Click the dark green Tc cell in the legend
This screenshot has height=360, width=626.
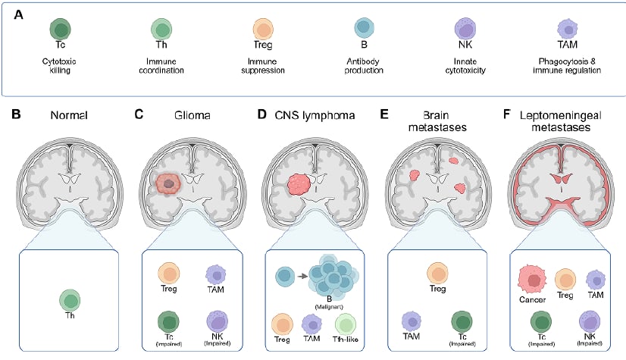[61, 29]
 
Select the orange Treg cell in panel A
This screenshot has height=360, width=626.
[263, 29]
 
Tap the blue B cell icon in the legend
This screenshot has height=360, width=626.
[364, 27]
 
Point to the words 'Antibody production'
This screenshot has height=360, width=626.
[364, 66]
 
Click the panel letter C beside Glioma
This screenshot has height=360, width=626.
[139, 114]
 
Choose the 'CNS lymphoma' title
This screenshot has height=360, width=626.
[315, 115]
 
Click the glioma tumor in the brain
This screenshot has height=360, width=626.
[169, 183]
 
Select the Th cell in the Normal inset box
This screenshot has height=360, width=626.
[70, 300]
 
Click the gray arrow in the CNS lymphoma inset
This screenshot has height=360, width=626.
[302, 276]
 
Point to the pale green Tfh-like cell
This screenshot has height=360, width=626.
[346, 324]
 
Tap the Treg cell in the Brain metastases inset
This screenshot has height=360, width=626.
[437, 274]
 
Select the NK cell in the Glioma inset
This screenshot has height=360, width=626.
[217, 321]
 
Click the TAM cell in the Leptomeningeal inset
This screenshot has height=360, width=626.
[596, 280]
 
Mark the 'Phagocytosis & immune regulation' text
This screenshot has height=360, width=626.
[567, 66]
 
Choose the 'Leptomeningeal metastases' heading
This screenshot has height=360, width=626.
[561, 121]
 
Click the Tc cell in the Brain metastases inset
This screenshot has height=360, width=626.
[462, 321]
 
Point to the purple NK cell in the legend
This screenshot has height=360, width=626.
[465, 29]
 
